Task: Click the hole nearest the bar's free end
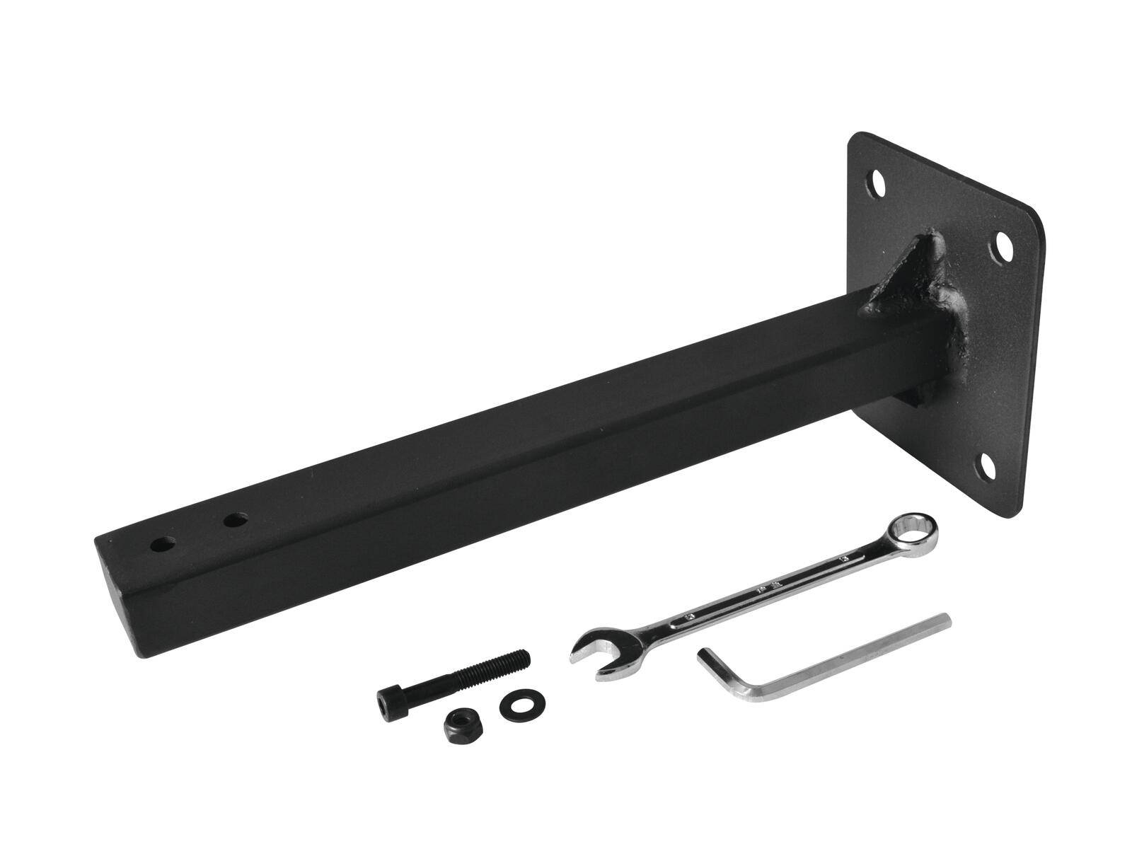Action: click(x=164, y=545)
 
